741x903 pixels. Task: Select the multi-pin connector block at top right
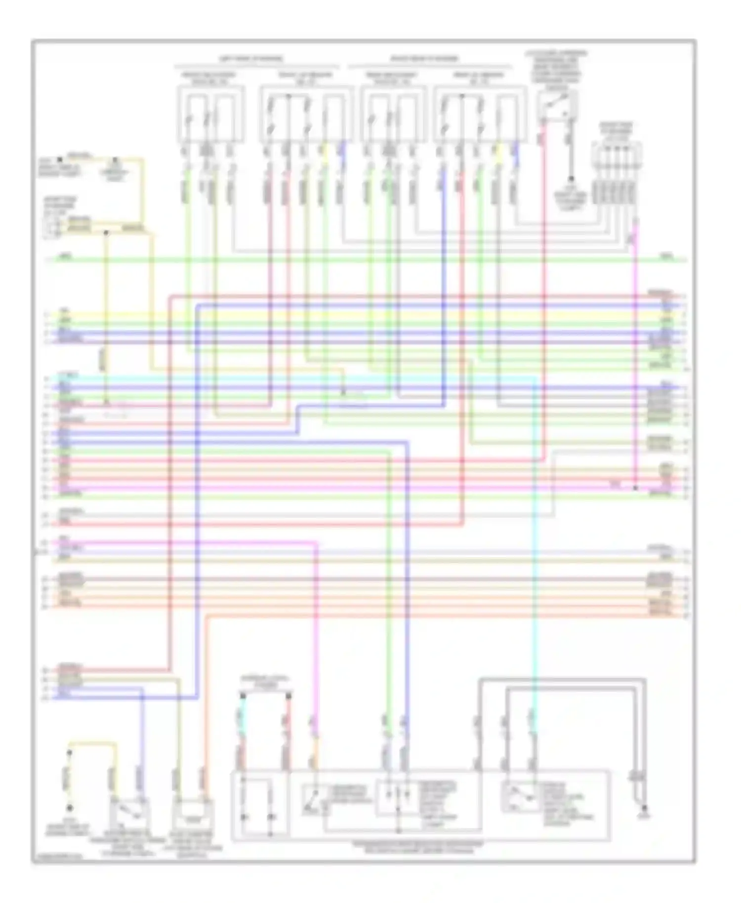pyautogui.click(x=616, y=173)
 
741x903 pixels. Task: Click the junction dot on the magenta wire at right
pyautogui.click(x=635, y=488)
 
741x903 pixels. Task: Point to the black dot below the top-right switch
pyautogui.click(x=571, y=179)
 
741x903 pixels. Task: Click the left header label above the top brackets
pyautogui.click(x=251, y=58)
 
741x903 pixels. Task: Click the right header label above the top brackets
pyautogui.click(x=424, y=58)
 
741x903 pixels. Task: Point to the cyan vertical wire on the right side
pyautogui.click(x=535, y=543)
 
